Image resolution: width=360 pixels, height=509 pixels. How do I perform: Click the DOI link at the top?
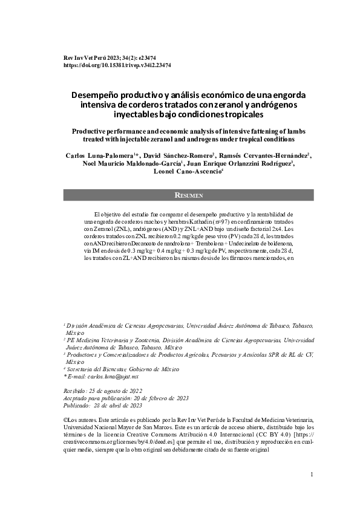[117, 64]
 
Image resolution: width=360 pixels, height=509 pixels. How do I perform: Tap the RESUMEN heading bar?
[189, 195]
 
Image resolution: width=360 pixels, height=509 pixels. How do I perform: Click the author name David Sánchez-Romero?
[177, 156]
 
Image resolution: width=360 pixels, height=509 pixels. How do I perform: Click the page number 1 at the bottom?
[312, 475]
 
